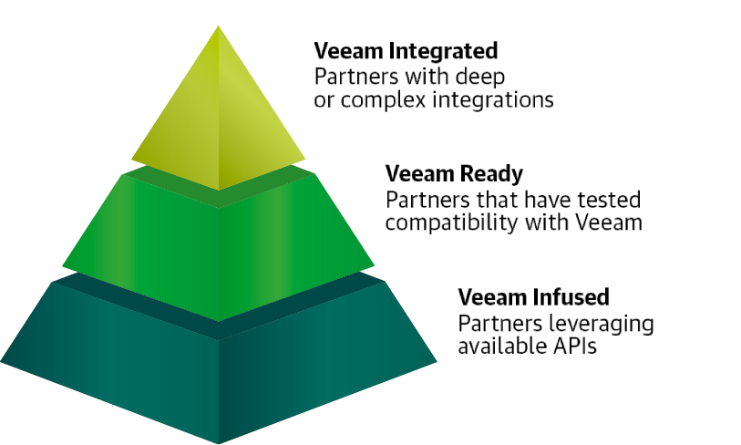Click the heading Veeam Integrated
click(x=406, y=50)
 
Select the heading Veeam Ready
click(x=454, y=173)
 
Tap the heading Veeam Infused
click(x=533, y=296)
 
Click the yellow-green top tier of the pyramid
click(x=219, y=119)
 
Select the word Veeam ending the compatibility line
click(x=612, y=222)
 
